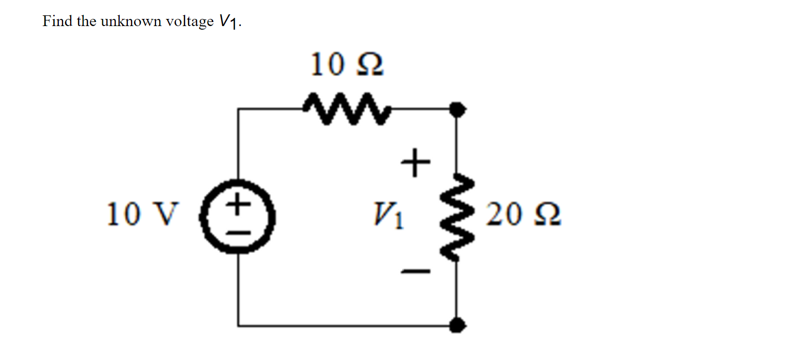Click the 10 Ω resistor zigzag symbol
346,108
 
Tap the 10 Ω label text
346,65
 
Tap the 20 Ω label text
523,214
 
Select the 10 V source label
143,214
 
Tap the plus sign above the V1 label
415,163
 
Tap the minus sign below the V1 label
415,271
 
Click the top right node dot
457,108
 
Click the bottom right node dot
457,325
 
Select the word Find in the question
57,21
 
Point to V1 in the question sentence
228,21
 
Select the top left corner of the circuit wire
238,108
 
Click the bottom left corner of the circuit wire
238,325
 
